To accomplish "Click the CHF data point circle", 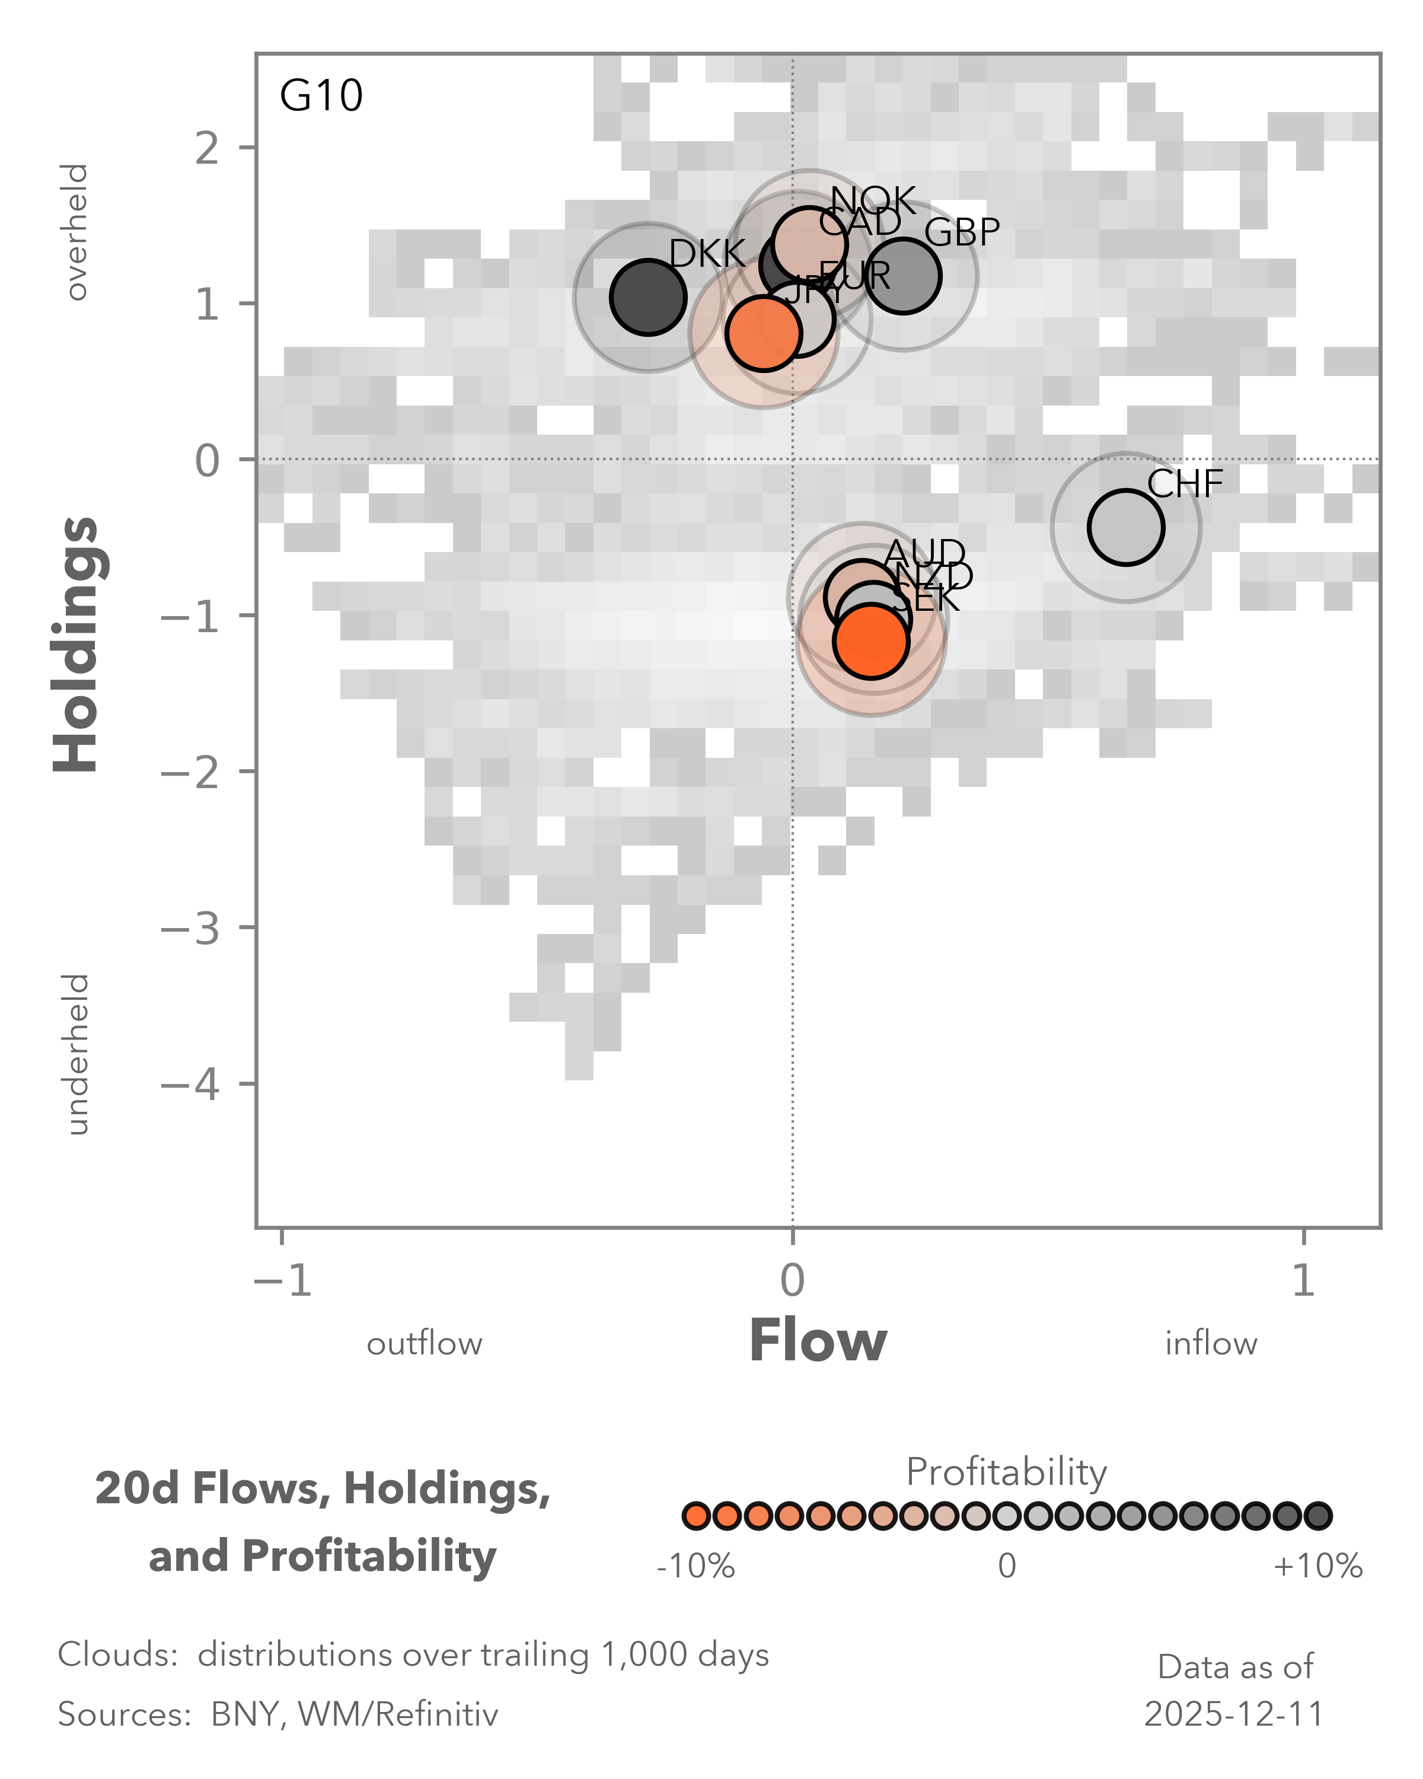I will coord(1125,527).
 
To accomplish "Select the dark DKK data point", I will coord(649,297).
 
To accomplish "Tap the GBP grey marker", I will coord(903,276).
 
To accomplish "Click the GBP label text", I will coord(962,232).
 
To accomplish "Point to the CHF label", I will coord(1185,484).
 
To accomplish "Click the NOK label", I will coord(873,200).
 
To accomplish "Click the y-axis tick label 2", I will coord(207,148).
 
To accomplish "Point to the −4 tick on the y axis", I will coord(192,1084).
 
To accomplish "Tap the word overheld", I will coord(76,232).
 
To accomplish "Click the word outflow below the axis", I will coord(424,1344).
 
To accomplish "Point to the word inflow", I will coord(1210,1344).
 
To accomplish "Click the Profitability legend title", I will coord(1006,1471).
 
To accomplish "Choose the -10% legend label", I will coord(695,1566).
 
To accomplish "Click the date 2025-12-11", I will coord(1234,1714).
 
